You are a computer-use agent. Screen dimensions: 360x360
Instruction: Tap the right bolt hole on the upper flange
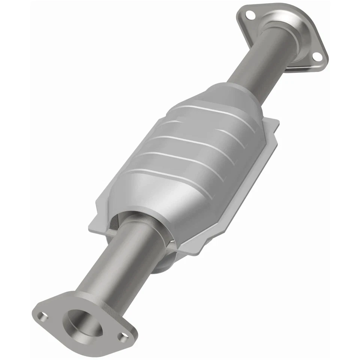317,56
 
